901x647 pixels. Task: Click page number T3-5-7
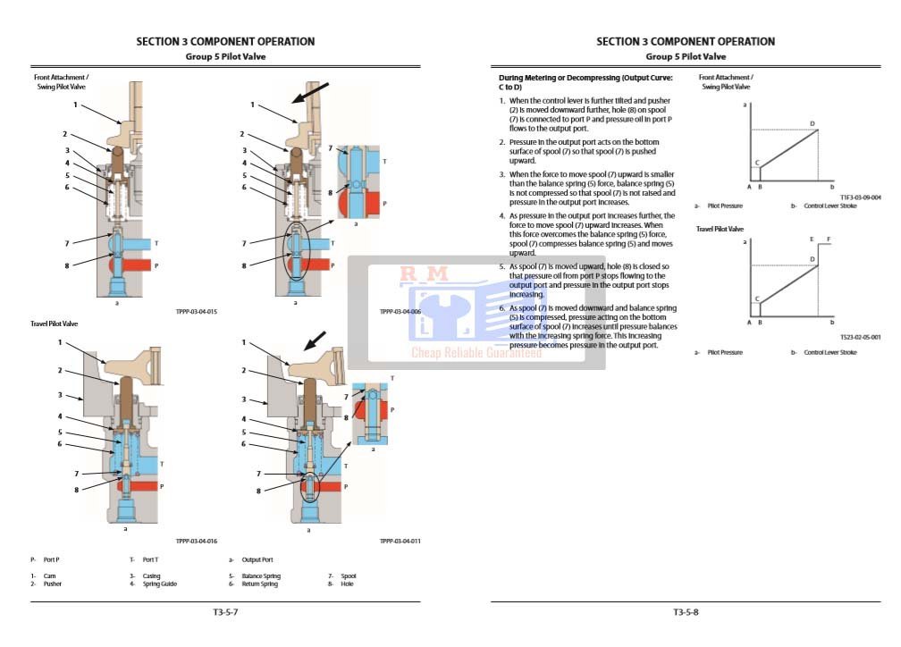[225, 612]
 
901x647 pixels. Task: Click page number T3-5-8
[686, 612]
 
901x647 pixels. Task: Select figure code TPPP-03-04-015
[197, 311]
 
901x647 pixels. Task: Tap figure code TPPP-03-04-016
[197, 541]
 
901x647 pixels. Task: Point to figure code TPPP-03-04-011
[400, 541]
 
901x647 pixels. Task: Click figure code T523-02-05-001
[860, 337]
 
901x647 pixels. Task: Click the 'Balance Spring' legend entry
[260, 576]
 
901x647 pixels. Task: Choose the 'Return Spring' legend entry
[259, 584]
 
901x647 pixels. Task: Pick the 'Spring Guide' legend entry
[160, 584]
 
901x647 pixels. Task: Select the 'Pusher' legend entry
[53, 584]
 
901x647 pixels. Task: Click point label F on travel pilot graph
[829, 239]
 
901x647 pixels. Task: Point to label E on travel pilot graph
[811, 239]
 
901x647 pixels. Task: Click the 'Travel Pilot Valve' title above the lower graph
[720, 230]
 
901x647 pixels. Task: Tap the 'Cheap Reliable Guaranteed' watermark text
[476, 353]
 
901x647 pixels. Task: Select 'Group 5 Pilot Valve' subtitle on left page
[225, 56]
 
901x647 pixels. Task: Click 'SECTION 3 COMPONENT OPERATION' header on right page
[686, 41]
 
